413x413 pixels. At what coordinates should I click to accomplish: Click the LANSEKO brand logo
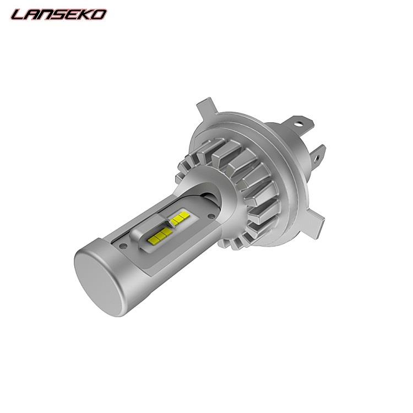point(59,14)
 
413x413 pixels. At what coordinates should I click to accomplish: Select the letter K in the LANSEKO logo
point(85,15)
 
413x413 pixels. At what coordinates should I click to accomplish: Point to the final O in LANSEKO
point(99,15)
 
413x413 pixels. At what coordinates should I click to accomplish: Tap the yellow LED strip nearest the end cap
point(160,236)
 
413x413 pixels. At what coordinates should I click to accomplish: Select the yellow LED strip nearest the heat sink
point(180,219)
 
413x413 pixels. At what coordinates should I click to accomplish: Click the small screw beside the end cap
point(123,246)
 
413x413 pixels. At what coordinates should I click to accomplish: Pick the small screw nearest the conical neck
point(210,216)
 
